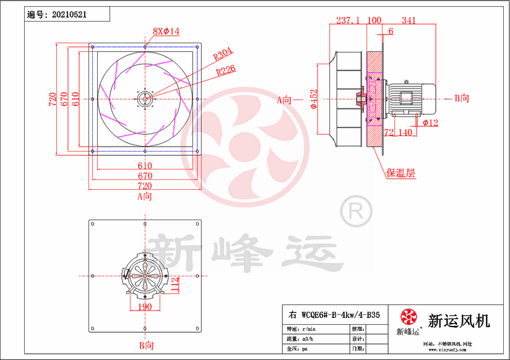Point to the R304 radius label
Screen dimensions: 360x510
(x=222, y=56)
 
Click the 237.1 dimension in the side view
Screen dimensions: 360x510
(x=347, y=20)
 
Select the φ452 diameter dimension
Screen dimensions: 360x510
(x=314, y=99)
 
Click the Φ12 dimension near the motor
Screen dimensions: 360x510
(x=431, y=122)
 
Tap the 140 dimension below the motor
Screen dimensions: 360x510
(x=405, y=132)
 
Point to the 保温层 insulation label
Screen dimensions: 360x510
(x=400, y=173)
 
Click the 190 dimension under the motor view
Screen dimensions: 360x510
(x=144, y=306)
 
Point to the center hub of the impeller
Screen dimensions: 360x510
(x=145, y=98)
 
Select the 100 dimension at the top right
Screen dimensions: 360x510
(x=374, y=20)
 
